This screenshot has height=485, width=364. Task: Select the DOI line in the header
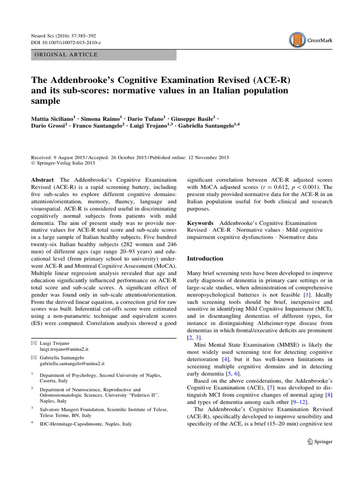[x=66, y=43]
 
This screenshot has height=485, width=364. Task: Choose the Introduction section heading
[x=205, y=259]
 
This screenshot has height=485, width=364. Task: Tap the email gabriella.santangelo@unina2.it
[x=72, y=364]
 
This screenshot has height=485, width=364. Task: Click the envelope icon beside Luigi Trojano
[x=33, y=342]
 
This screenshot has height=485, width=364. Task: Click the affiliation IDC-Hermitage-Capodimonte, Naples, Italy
[x=86, y=424]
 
